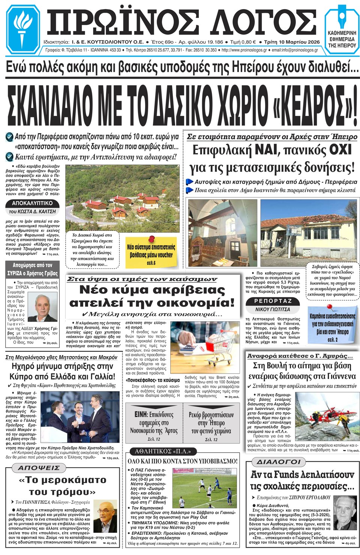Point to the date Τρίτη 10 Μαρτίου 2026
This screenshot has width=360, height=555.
(x=292, y=42)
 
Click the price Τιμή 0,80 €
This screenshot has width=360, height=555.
(x=243, y=42)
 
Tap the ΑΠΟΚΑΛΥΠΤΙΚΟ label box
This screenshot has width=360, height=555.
(x=32, y=203)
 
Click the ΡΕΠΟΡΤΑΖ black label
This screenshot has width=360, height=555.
(x=273, y=301)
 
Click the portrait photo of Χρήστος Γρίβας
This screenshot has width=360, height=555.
(x=46, y=307)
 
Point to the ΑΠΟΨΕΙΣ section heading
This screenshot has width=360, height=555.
(x=39, y=468)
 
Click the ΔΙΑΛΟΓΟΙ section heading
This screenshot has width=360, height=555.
(x=278, y=462)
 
